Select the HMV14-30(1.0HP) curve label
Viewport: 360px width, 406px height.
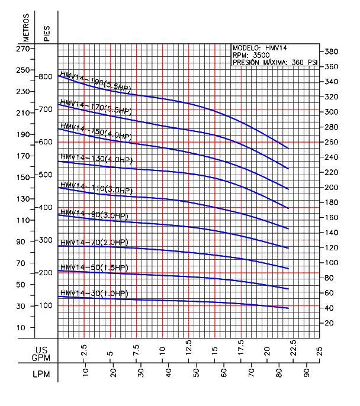[x=94, y=294]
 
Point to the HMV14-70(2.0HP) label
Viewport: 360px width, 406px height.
[x=94, y=243]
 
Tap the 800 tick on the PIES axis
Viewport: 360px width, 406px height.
[x=46, y=77]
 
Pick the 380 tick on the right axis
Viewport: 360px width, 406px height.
[x=331, y=51]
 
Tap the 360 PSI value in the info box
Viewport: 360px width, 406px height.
[x=306, y=62]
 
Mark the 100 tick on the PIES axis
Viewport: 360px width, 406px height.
[x=46, y=305]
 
